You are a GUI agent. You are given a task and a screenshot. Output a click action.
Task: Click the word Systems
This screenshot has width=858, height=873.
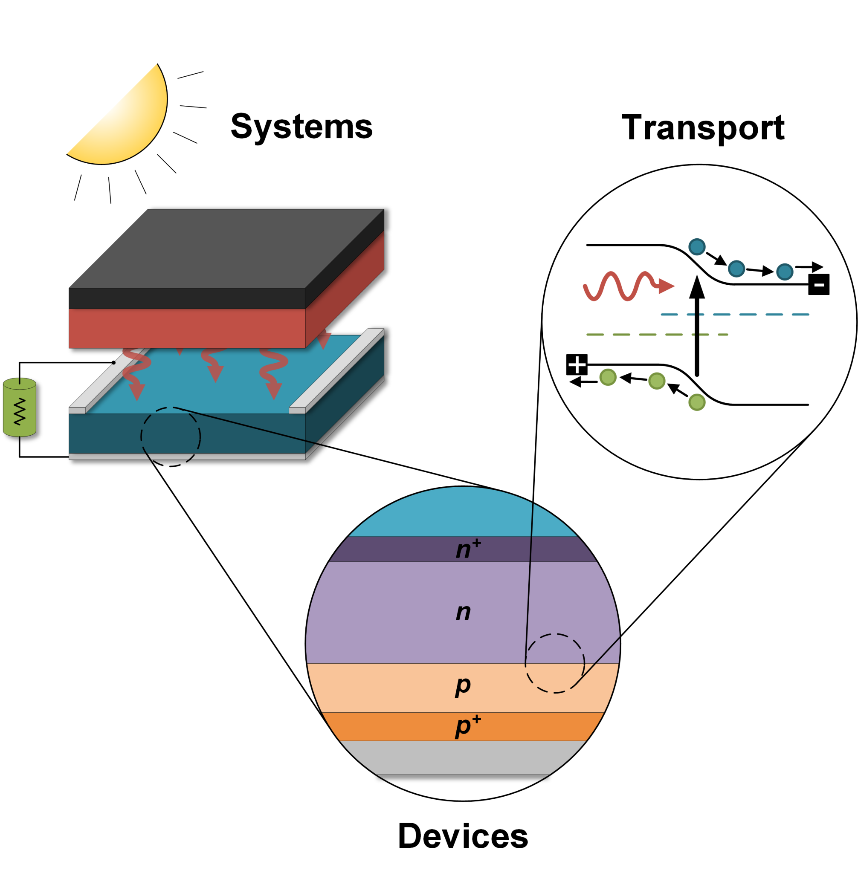[x=301, y=127]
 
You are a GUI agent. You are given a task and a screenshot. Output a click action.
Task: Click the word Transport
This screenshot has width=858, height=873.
[x=703, y=128]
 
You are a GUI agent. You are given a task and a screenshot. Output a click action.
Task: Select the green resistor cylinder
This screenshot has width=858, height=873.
[x=19, y=408]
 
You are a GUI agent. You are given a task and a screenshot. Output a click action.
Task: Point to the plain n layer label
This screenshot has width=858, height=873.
[x=463, y=612]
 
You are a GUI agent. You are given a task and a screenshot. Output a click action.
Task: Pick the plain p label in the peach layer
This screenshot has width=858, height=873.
[x=463, y=685]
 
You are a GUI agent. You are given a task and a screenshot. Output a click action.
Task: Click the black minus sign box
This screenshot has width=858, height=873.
[x=819, y=284]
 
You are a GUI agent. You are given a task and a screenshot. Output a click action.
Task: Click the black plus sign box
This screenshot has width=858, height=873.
[x=577, y=364]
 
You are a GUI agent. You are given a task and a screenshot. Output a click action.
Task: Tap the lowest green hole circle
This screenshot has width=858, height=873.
[x=697, y=402]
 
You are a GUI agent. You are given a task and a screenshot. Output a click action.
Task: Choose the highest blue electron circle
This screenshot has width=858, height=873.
[x=697, y=246]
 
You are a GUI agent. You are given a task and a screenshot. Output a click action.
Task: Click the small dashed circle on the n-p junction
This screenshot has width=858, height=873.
[x=555, y=663]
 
